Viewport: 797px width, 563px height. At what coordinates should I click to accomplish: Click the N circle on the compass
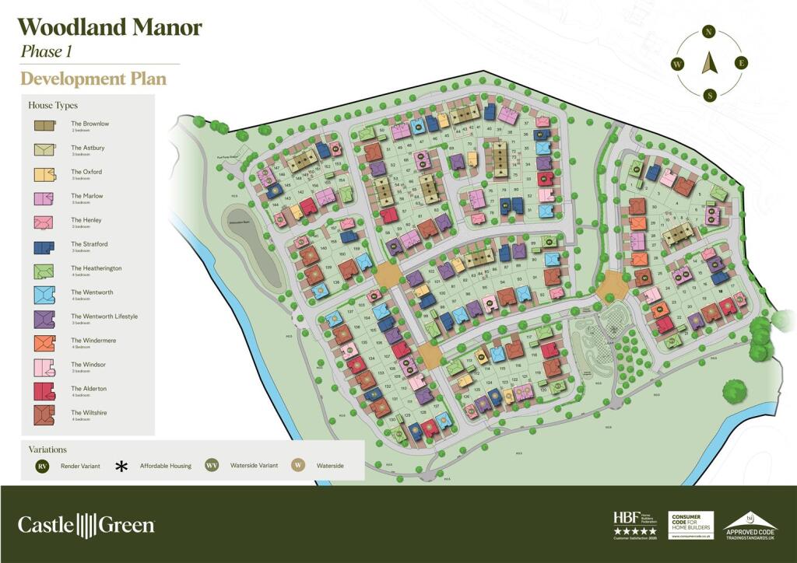coord(708,32)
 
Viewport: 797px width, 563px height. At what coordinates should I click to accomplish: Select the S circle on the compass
coord(709,95)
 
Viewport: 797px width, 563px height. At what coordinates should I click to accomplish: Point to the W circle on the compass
coord(677,64)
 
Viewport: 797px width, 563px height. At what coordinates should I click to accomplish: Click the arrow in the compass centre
coord(709,63)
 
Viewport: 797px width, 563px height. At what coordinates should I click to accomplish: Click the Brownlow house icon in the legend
coord(44,125)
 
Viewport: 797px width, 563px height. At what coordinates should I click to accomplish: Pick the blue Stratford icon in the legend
coord(44,246)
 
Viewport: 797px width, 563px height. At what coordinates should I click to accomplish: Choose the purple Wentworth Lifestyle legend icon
coord(44,318)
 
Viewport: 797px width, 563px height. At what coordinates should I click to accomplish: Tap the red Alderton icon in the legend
coord(44,390)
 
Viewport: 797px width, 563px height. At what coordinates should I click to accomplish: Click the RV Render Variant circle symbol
coord(43,466)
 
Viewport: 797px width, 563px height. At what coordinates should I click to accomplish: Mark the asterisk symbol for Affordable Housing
coord(121,466)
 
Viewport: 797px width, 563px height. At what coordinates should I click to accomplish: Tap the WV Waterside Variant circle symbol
coord(211,466)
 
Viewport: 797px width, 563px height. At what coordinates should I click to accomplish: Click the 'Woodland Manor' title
coord(110,28)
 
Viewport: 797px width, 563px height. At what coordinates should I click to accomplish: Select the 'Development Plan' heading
coord(93,79)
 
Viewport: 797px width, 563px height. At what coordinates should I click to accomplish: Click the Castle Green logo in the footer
coord(86,525)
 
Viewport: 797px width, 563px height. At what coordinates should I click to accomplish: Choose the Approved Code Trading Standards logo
coord(750,525)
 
